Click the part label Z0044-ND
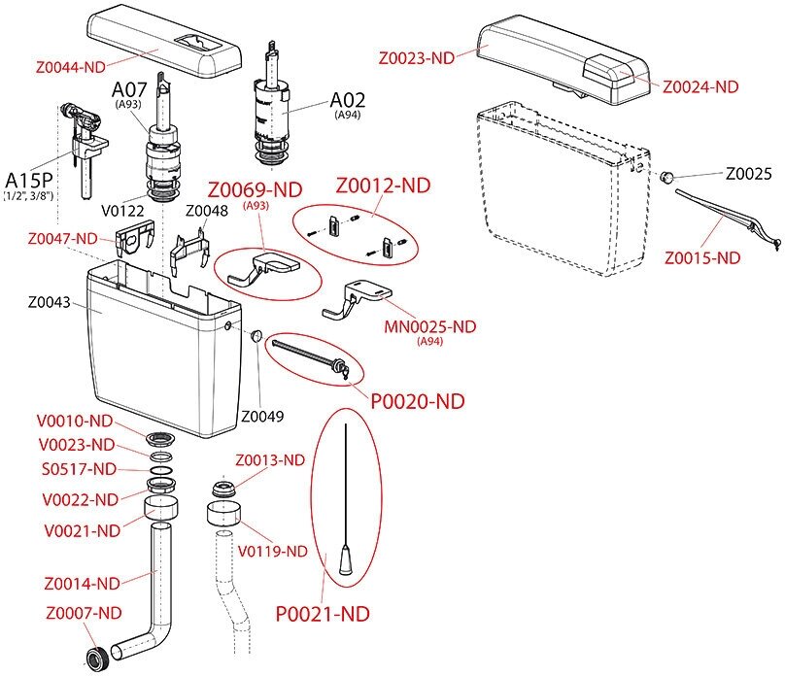coord(70,68)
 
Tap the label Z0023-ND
coord(417,58)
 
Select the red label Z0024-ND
coord(700,86)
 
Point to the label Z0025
coord(749,175)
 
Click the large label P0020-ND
coord(418,400)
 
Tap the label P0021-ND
coord(323,614)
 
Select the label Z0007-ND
coord(85,613)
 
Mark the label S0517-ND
coord(79,469)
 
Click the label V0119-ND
coord(273,552)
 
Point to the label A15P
coord(29,180)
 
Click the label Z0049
coord(263,417)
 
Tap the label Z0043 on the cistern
coord(43,304)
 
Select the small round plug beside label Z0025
coord(667,178)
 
